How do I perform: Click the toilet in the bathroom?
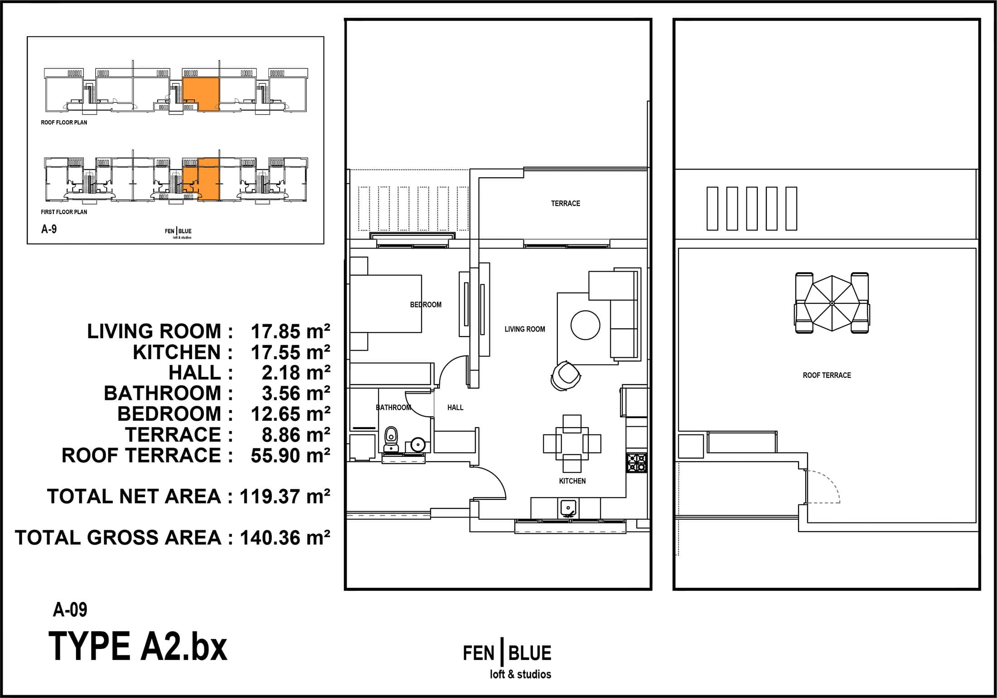coord(391,439)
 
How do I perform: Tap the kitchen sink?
coord(568,508)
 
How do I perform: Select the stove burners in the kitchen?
coord(637,463)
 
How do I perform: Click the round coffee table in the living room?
coord(585,325)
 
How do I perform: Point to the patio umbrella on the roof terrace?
coord(832,303)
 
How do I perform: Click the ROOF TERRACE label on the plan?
coord(827,375)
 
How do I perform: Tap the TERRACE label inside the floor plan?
coord(566,204)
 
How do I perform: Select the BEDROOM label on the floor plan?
coord(426,305)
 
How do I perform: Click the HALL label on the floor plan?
coord(455,407)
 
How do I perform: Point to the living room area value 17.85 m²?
coord(290,332)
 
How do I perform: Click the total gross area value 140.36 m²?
coord(285,537)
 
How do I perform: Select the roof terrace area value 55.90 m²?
coord(290,455)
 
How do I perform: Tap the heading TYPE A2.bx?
coord(138,646)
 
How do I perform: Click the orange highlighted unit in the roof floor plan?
coord(201,94)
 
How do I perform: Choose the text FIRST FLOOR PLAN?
coord(64,212)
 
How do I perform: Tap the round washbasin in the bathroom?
coord(417,444)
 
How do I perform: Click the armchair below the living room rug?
coord(565,375)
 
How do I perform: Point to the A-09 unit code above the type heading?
coord(70,610)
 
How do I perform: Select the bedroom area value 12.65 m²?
coord(290,414)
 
